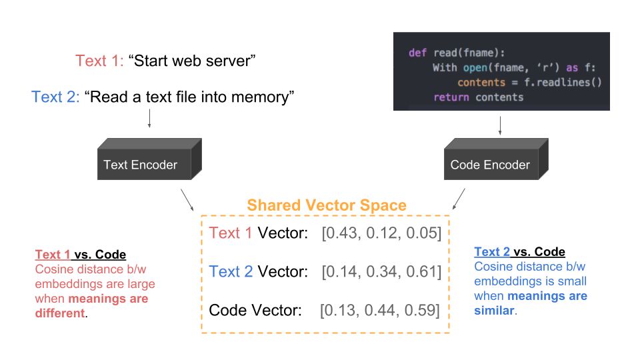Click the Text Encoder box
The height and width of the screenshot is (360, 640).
(x=149, y=159)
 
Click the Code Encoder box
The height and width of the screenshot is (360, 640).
(x=496, y=159)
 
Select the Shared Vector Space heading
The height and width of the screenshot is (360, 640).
(x=327, y=205)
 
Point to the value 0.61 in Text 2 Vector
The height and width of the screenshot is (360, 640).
(x=421, y=272)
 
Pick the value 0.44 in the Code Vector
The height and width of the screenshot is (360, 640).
(x=381, y=311)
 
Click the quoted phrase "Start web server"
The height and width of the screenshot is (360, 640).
(x=192, y=61)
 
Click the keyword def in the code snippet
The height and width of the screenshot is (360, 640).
(x=417, y=53)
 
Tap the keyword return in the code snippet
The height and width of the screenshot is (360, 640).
(x=451, y=97)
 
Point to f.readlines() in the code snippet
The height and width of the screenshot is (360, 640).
(x=563, y=83)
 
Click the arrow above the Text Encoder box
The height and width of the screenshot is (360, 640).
(x=149, y=119)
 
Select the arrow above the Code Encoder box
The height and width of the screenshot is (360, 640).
(x=500, y=126)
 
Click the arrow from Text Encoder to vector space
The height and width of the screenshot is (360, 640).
(x=187, y=199)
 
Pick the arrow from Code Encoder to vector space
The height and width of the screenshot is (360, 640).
(x=459, y=199)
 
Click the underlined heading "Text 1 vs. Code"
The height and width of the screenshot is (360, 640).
(x=81, y=254)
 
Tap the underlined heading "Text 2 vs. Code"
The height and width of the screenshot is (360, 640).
(x=519, y=252)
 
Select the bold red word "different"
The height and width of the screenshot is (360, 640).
(x=60, y=313)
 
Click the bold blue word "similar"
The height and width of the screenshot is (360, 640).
(x=494, y=311)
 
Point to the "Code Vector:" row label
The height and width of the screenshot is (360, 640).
(x=255, y=311)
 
